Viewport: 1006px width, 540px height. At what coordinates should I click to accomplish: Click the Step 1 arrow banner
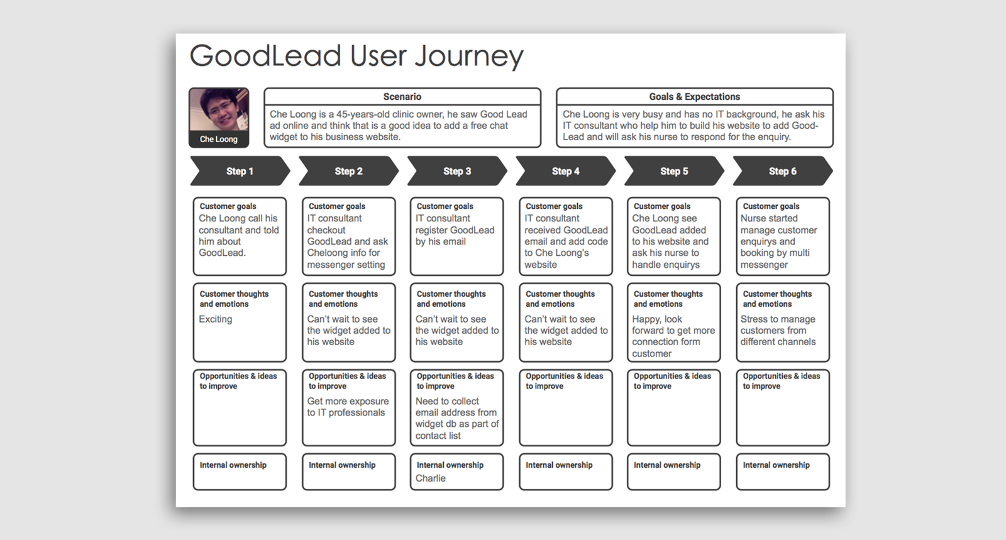coord(240,171)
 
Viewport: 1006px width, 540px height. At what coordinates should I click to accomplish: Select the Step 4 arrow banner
coord(565,171)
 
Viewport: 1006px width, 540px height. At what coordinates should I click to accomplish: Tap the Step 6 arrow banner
coord(782,171)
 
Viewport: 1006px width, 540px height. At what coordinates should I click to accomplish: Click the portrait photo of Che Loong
coord(219,111)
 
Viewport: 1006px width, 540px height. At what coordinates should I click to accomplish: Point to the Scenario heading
coord(402,97)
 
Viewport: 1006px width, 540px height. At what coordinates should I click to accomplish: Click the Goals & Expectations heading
coord(694,97)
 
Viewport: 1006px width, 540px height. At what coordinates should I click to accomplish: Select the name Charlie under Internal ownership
coord(430,478)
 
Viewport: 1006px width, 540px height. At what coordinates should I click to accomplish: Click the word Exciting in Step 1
coord(215,319)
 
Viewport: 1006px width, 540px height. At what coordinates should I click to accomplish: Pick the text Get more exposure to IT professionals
coord(347,407)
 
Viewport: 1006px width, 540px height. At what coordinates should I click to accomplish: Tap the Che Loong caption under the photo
coord(219,140)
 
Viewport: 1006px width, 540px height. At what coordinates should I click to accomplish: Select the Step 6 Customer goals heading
coord(771,206)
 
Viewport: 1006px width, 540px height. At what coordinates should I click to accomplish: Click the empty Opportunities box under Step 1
coord(240,415)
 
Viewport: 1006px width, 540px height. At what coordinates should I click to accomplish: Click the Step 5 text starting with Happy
coord(673,336)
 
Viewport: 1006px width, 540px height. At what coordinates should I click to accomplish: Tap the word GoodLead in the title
coord(265,57)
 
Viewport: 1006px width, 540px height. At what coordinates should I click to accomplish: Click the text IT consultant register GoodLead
coord(455,230)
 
